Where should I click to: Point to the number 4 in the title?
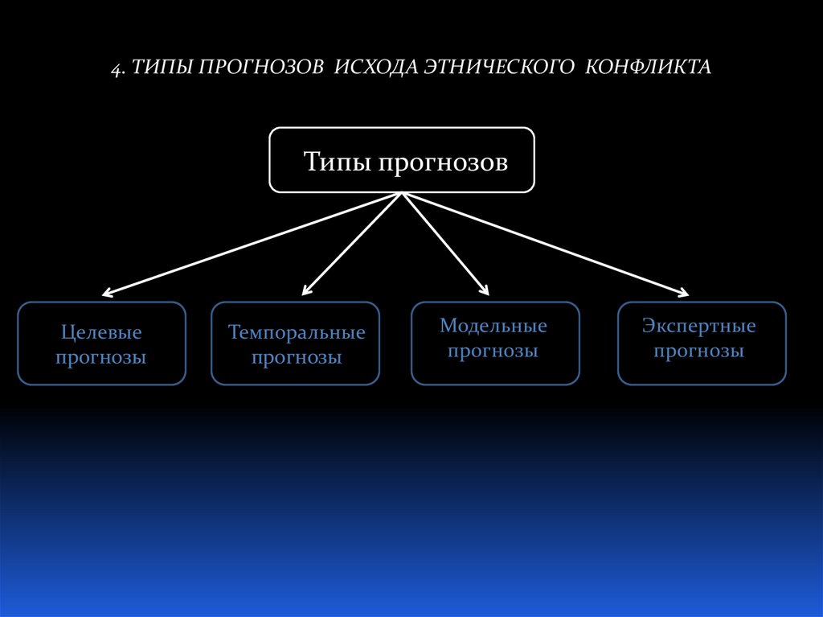[x=116, y=68]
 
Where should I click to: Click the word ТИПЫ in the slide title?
[x=160, y=67]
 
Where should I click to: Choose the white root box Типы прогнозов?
[x=401, y=159]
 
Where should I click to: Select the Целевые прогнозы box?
[x=101, y=343]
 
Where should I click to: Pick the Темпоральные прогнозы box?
[x=295, y=343]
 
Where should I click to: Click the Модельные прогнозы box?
[x=494, y=343]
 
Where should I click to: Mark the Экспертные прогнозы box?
[x=701, y=343]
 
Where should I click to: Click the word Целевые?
[x=101, y=331]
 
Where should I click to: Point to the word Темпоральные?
[x=297, y=332]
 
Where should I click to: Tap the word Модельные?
[x=493, y=326]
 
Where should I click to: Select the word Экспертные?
[x=699, y=326]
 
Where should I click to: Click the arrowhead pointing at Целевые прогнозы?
[x=108, y=293]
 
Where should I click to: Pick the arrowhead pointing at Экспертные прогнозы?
[x=684, y=293]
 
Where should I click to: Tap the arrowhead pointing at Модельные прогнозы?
[x=485, y=291]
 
